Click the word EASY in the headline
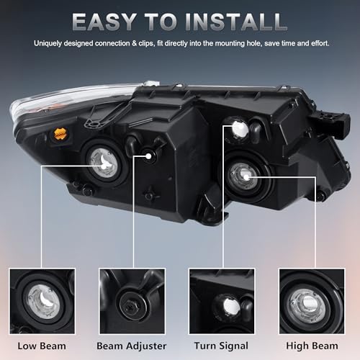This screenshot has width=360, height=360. click(x=104, y=22)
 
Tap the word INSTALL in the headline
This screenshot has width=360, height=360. click(x=236, y=22)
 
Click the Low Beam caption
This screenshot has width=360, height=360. click(x=42, y=346)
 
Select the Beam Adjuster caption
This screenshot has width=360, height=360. click(x=132, y=346)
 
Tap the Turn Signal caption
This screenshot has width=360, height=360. click(x=221, y=346)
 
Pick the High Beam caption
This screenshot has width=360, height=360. click(x=312, y=346)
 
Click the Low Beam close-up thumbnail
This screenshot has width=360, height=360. click(x=42, y=301)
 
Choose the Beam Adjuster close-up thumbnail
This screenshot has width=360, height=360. click(x=132, y=301)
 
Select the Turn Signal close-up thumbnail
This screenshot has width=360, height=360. click(x=222, y=301)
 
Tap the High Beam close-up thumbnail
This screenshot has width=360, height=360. click(x=312, y=301)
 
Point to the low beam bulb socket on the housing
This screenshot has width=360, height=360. click(x=104, y=163)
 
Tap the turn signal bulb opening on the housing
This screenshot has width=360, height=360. click(x=239, y=129)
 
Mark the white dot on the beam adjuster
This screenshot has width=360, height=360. click(x=148, y=156)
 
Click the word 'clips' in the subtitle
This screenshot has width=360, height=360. click(x=146, y=43)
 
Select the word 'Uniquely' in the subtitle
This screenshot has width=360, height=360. click(x=48, y=44)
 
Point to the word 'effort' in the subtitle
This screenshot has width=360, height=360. click(x=320, y=43)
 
